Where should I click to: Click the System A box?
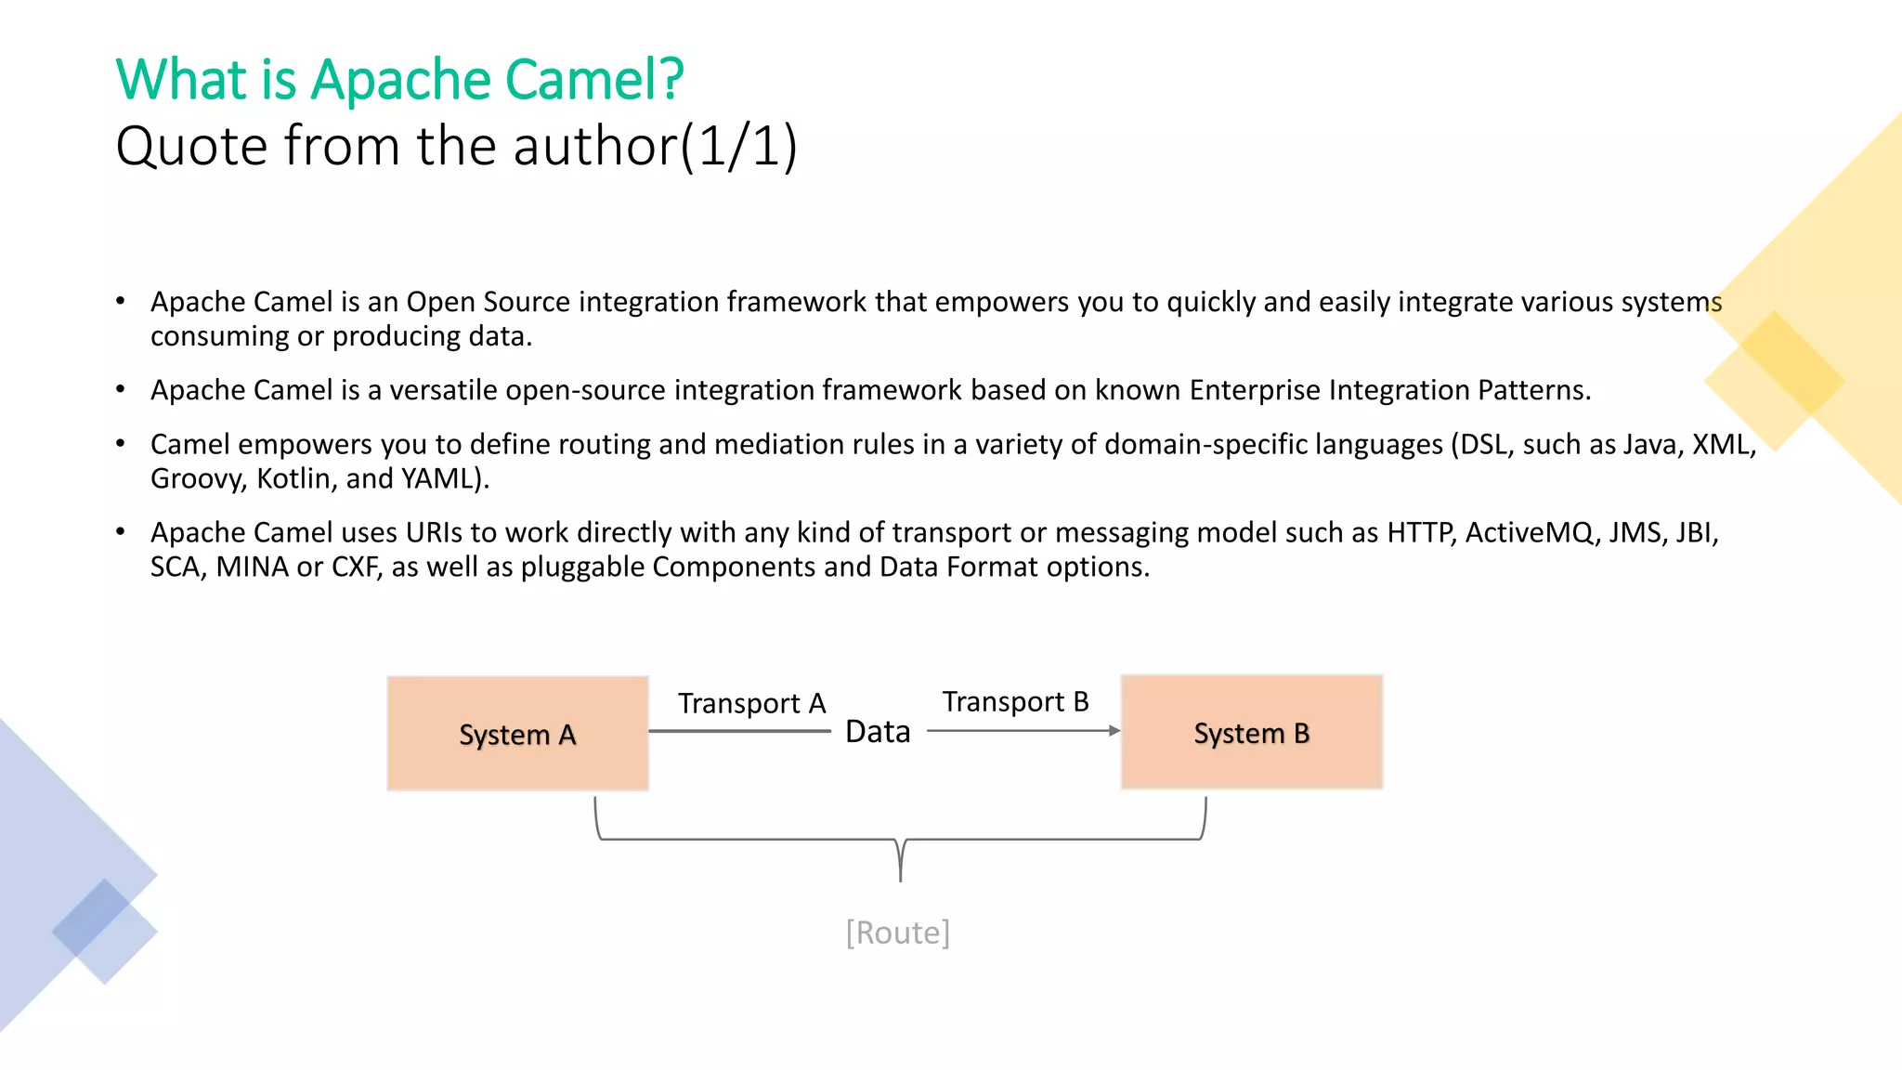[x=517, y=734]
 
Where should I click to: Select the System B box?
[x=1251, y=732]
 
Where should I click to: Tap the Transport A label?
[x=751, y=703]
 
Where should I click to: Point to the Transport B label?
[x=1015, y=701]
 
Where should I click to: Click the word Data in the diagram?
[x=878, y=732]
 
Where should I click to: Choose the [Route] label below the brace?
[x=897, y=932]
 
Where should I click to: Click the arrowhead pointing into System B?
[x=1114, y=731]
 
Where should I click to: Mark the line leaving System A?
[x=738, y=731]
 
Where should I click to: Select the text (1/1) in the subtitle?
[x=738, y=147]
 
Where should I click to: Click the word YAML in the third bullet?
[x=437, y=478]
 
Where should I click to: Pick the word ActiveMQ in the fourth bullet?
[x=1529, y=532]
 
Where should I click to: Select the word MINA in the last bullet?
[x=252, y=567]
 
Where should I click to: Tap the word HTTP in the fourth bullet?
[x=1421, y=532]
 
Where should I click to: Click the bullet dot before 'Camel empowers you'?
[x=121, y=444]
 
